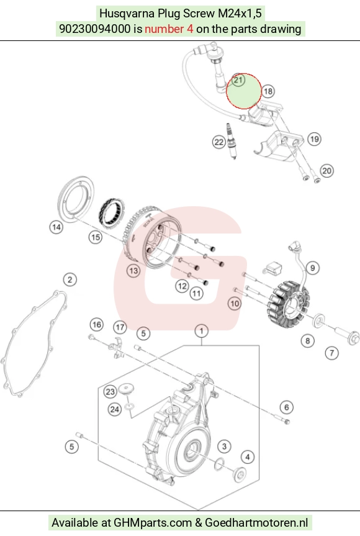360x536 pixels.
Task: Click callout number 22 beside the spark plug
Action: pos(218,142)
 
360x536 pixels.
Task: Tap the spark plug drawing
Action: pos(232,141)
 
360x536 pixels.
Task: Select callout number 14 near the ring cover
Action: pos(56,227)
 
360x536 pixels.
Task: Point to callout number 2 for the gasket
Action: pos(70,279)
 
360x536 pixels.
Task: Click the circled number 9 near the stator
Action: pos(313,268)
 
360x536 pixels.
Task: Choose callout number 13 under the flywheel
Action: pos(133,271)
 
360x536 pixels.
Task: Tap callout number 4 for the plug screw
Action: pos(248,457)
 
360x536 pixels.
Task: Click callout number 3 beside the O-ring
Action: pos(225,446)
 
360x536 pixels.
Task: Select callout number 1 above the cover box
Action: pos(202,331)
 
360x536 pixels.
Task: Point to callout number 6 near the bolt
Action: pos(287,407)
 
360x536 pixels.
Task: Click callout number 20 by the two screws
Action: pos(327,171)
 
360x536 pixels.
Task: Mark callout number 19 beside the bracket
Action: pos(314,139)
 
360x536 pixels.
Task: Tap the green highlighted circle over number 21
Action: pos(244,91)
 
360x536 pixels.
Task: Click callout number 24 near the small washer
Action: pos(115,409)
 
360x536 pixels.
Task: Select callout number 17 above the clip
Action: pos(120,327)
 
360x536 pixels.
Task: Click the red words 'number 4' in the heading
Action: pos(169,29)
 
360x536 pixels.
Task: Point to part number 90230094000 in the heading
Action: pos(95,29)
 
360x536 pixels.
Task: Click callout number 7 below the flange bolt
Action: pos(331,353)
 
